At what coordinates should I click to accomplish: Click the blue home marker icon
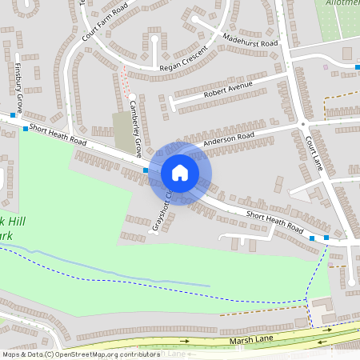[180, 172]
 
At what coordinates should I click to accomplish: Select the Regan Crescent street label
[172, 61]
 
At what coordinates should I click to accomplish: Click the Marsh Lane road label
[252, 342]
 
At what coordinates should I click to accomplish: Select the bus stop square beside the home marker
[146, 170]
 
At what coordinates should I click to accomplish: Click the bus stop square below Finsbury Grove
[26, 128]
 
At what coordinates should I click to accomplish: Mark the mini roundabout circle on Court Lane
[304, 124]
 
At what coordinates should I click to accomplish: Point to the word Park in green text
[8, 237]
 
